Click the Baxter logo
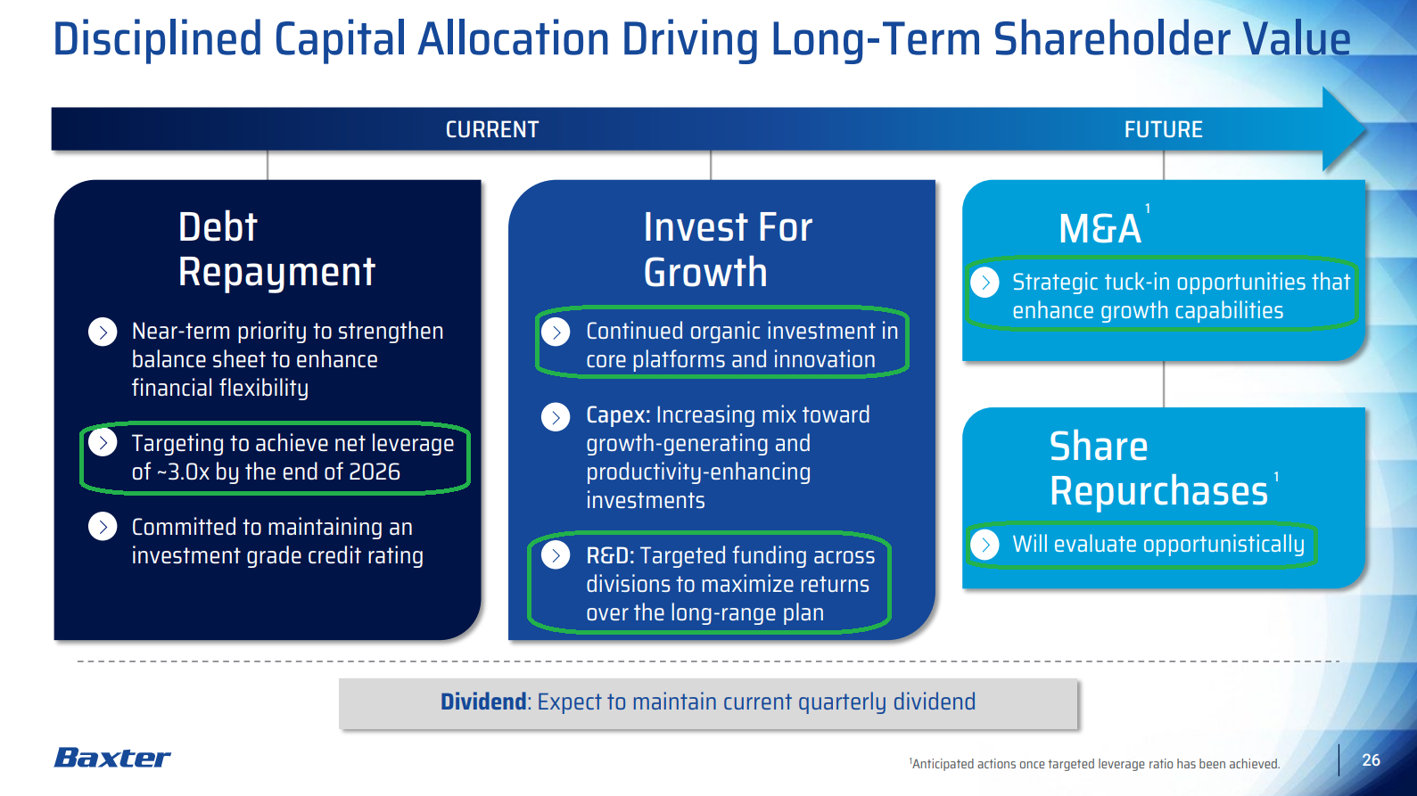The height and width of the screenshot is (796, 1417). pyautogui.click(x=112, y=758)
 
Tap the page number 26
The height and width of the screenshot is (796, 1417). pyautogui.click(x=1371, y=759)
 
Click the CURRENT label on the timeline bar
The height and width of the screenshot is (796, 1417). pyautogui.click(x=492, y=130)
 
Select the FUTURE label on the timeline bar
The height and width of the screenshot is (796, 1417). pyautogui.click(x=1163, y=130)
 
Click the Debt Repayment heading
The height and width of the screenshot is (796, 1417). pyautogui.click(x=276, y=250)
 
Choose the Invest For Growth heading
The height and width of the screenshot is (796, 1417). pyautogui.click(x=727, y=250)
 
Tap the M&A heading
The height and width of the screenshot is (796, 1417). pyautogui.click(x=1100, y=229)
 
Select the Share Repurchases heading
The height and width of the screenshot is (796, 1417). pyautogui.click(x=1157, y=469)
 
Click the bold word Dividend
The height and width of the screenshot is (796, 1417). pyautogui.click(x=483, y=702)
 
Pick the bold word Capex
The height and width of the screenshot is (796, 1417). pyautogui.click(x=617, y=415)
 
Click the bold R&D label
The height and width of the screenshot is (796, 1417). pyautogui.click(x=609, y=556)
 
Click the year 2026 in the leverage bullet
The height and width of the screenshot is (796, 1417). pyautogui.click(x=375, y=472)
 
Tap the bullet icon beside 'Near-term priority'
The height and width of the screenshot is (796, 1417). pyautogui.click(x=103, y=332)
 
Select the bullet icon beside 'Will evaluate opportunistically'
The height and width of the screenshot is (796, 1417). pyautogui.click(x=984, y=545)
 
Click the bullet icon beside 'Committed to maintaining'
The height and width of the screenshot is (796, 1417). pyautogui.click(x=103, y=527)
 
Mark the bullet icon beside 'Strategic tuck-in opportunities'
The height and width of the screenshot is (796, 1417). pyautogui.click(x=984, y=283)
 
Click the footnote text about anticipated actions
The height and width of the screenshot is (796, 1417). pyautogui.click(x=1095, y=764)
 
